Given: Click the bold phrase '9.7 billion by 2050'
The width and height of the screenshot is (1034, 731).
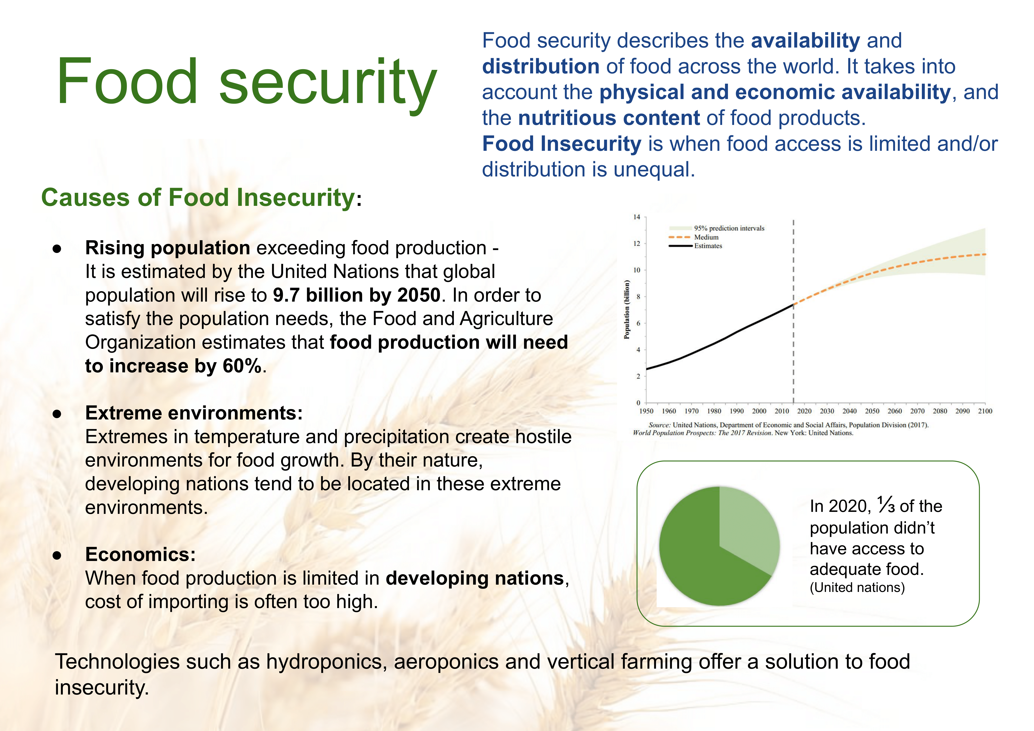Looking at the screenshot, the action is [357, 295].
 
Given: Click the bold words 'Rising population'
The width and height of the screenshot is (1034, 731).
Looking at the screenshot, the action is [167, 248].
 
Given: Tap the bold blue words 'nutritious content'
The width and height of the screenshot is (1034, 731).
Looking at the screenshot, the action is [609, 118].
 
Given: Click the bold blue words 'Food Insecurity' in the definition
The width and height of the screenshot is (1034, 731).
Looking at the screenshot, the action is [562, 144].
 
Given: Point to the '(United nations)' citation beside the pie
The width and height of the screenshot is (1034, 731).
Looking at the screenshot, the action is [857, 587].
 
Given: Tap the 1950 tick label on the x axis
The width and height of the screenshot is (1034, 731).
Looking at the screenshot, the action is [646, 411].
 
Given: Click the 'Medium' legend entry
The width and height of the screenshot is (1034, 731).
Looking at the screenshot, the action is [706, 237].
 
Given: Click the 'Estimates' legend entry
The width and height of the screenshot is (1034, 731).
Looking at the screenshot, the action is [708, 246].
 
